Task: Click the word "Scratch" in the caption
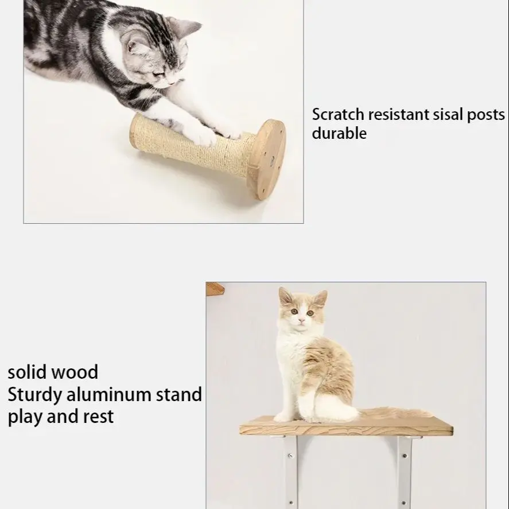click(337, 115)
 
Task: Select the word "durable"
click(339, 134)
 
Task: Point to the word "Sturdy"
click(34, 395)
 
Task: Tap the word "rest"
click(100, 416)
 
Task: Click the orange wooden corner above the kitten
click(214, 287)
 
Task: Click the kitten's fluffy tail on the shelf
click(396, 412)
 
